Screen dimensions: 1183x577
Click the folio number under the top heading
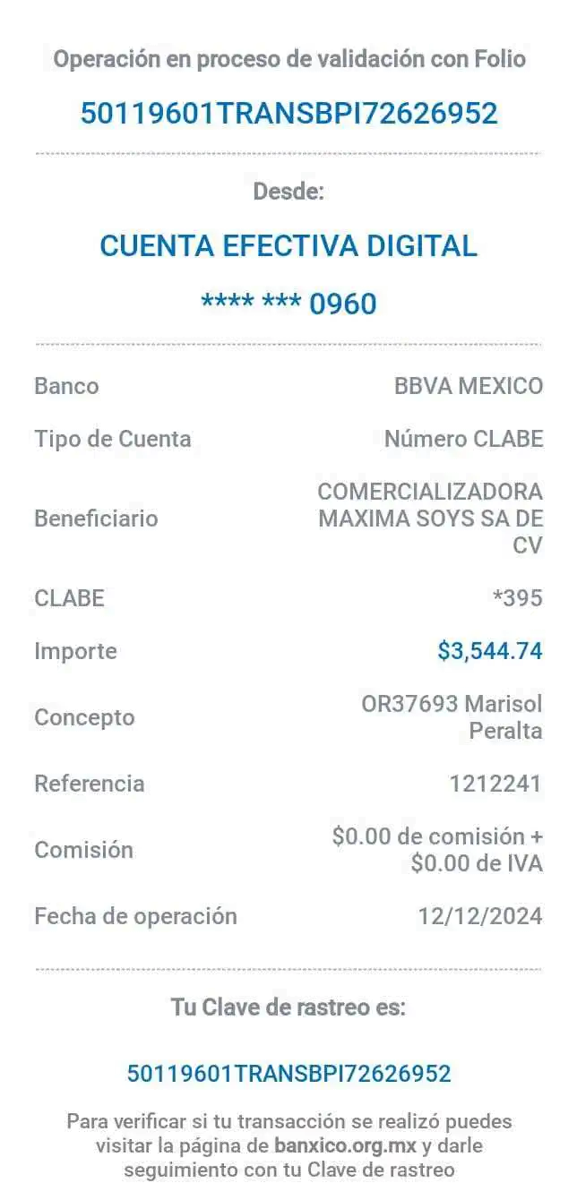(288, 114)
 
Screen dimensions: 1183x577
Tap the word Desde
(289, 191)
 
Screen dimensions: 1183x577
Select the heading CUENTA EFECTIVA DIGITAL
(288, 245)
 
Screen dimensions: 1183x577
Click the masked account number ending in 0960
(288, 304)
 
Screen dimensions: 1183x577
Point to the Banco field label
(66, 387)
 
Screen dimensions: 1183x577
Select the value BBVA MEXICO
(469, 387)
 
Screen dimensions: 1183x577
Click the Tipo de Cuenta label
(113, 439)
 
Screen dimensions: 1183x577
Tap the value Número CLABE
(463, 439)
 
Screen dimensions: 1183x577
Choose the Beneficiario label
(96, 518)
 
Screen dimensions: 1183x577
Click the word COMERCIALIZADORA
(430, 492)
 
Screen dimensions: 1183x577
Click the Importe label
(75, 650)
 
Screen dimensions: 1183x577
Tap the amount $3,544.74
(490, 650)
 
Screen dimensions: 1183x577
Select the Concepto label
(85, 717)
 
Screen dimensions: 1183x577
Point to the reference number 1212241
(495, 784)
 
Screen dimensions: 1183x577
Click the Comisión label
(85, 850)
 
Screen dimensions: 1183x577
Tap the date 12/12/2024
(480, 916)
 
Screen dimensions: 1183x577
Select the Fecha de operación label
(135, 916)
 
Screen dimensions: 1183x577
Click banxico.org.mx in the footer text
(345, 1145)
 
